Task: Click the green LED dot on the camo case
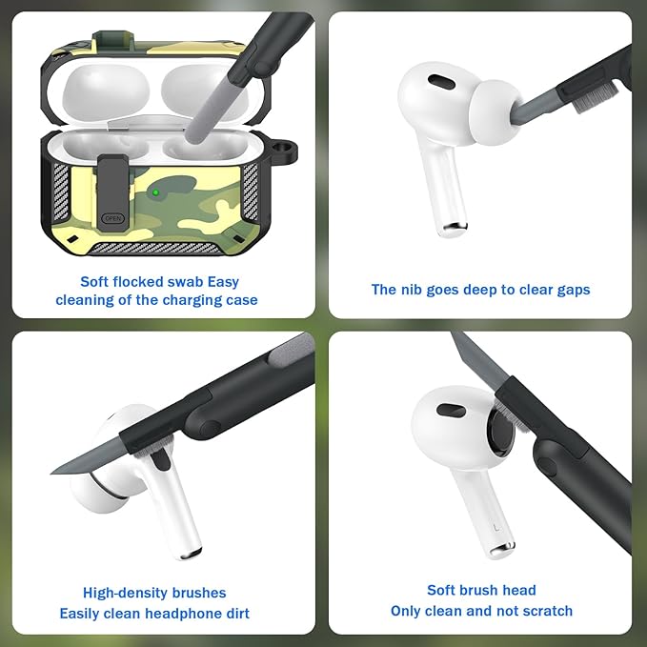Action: point(154,193)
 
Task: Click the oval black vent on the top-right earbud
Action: point(440,82)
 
